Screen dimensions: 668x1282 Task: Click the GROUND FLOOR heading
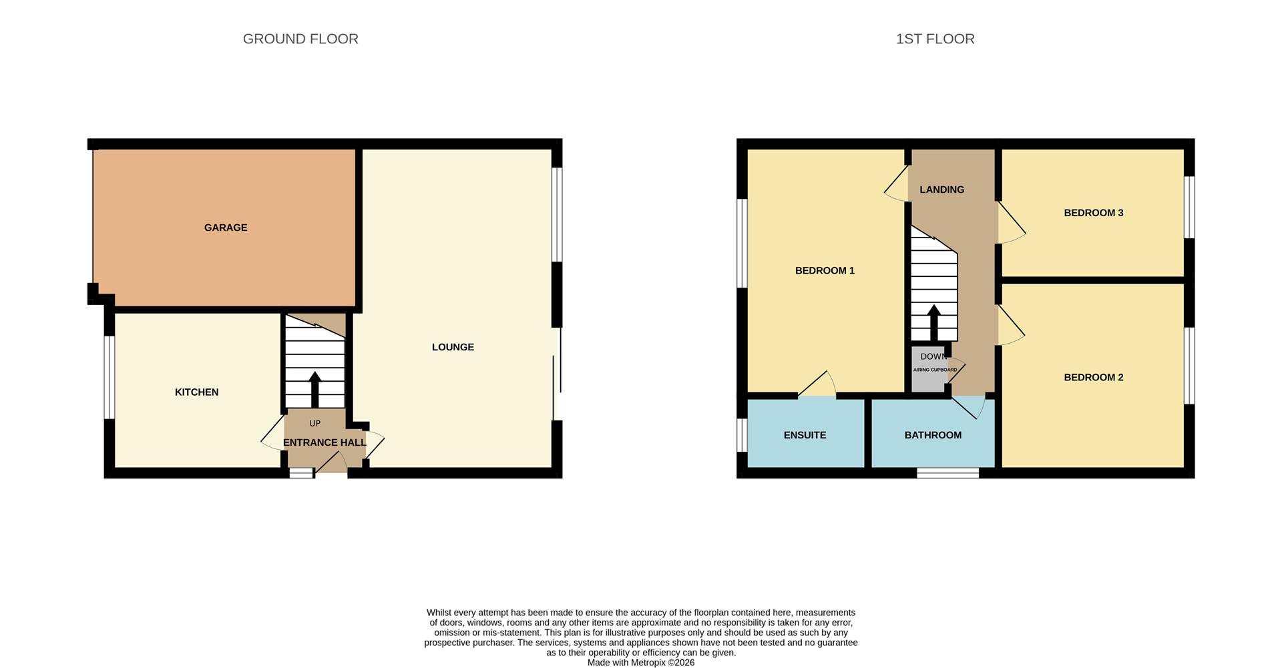(x=300, y=39)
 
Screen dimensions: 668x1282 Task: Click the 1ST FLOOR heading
(x=935, y=39)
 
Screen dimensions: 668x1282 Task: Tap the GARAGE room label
(x=226, y=228)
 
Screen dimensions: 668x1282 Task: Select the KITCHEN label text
(x=196, y=392)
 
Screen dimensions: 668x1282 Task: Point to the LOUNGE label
(x=453, y=347)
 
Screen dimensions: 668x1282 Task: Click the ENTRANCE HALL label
(x=325, y=442)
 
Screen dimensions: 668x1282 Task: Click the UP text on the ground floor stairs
(x=314, y=423)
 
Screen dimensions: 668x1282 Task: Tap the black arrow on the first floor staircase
(x=933, y=323)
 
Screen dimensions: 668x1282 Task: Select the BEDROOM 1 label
(x=825, y=270)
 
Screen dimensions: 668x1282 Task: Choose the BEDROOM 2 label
(x=1093, y=377)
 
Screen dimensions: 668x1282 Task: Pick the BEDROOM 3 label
(x=1093, y=213)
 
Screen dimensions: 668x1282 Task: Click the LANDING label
(x=941, y=190)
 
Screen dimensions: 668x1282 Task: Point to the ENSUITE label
(x=805, y=435)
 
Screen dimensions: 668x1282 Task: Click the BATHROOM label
(x=933, y=435)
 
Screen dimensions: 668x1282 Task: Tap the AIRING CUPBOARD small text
(x=935, y=370)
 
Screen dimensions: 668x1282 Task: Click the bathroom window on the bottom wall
(x=947, y=473)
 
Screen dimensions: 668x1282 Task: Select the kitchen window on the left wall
(x=109, y=377)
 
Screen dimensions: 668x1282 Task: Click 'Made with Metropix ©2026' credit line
(x=640, y=663)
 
